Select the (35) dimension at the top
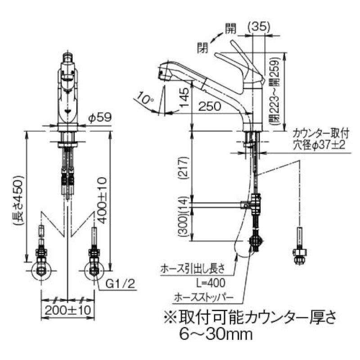[x=259, y=27]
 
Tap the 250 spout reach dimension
[x=209, y=107]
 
